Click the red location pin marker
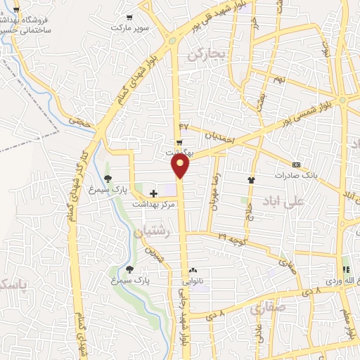pyautogui.click(x=181, y=166)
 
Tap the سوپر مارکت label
pyautogui.click(x=129, y=27)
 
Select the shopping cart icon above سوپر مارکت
pyautogui.click(x=129, y=17)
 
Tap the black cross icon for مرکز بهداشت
pyautogui.click(x=154, y=192)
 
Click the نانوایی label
pyautogui.click(x=194, y=279)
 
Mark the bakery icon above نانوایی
pyautogui.click(x=194, y=269)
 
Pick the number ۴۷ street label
pyautogui.click(x=184, y=126)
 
